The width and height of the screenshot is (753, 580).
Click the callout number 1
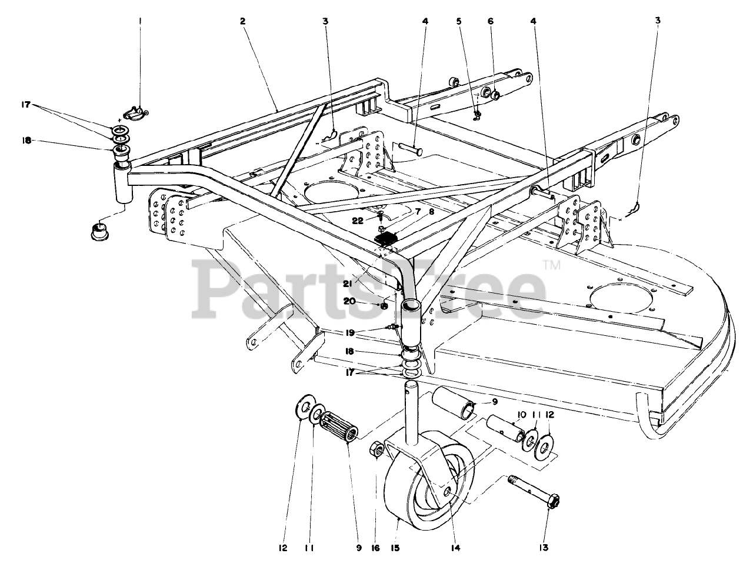(x=140, y=21)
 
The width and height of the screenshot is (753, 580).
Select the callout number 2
(x=242, y=21)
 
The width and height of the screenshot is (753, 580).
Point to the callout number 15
(x=395, y=548)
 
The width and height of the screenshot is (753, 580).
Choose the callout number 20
(x=365, y=301)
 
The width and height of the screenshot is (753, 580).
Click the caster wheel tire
(x=406, y=494)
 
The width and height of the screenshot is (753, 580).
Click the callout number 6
(x=490, y=21)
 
